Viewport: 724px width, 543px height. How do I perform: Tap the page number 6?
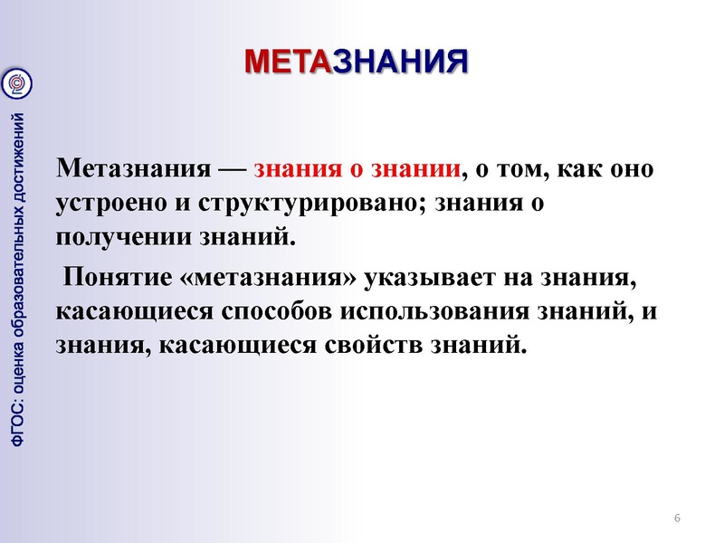[x=677, y=518]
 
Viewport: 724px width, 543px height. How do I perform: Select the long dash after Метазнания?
[x=232, y=171]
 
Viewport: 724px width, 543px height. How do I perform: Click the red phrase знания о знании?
[x=357, y=170]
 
